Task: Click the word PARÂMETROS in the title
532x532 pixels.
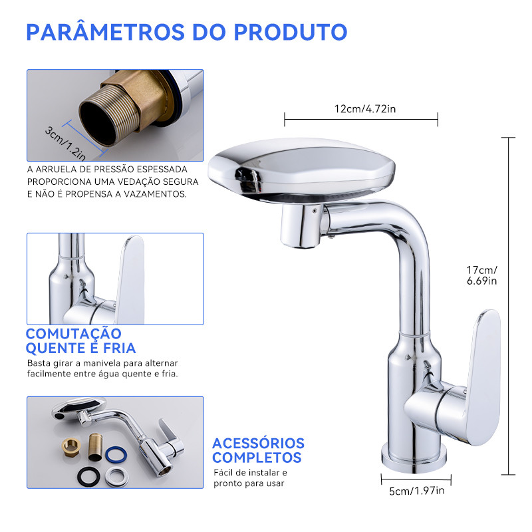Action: tap(105, 31)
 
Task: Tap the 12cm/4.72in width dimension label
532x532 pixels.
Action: tap(365, 109)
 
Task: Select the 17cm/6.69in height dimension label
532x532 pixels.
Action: tap(481, 275)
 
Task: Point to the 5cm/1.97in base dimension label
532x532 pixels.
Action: tap(417, 491)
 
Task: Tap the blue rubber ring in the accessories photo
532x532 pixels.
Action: tap(116, 455)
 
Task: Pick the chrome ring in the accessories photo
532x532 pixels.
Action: tap(116, 477)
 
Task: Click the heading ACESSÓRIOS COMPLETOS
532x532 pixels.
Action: tap(258, 450)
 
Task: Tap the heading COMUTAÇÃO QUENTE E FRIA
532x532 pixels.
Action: tap(80, 341)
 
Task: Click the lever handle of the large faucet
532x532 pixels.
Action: tap(483, 376)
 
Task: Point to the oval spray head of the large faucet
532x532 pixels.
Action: tap(301, 168)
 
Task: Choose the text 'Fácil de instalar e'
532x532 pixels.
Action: tap(251, 473)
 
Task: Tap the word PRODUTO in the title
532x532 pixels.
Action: tap(291, 32)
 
